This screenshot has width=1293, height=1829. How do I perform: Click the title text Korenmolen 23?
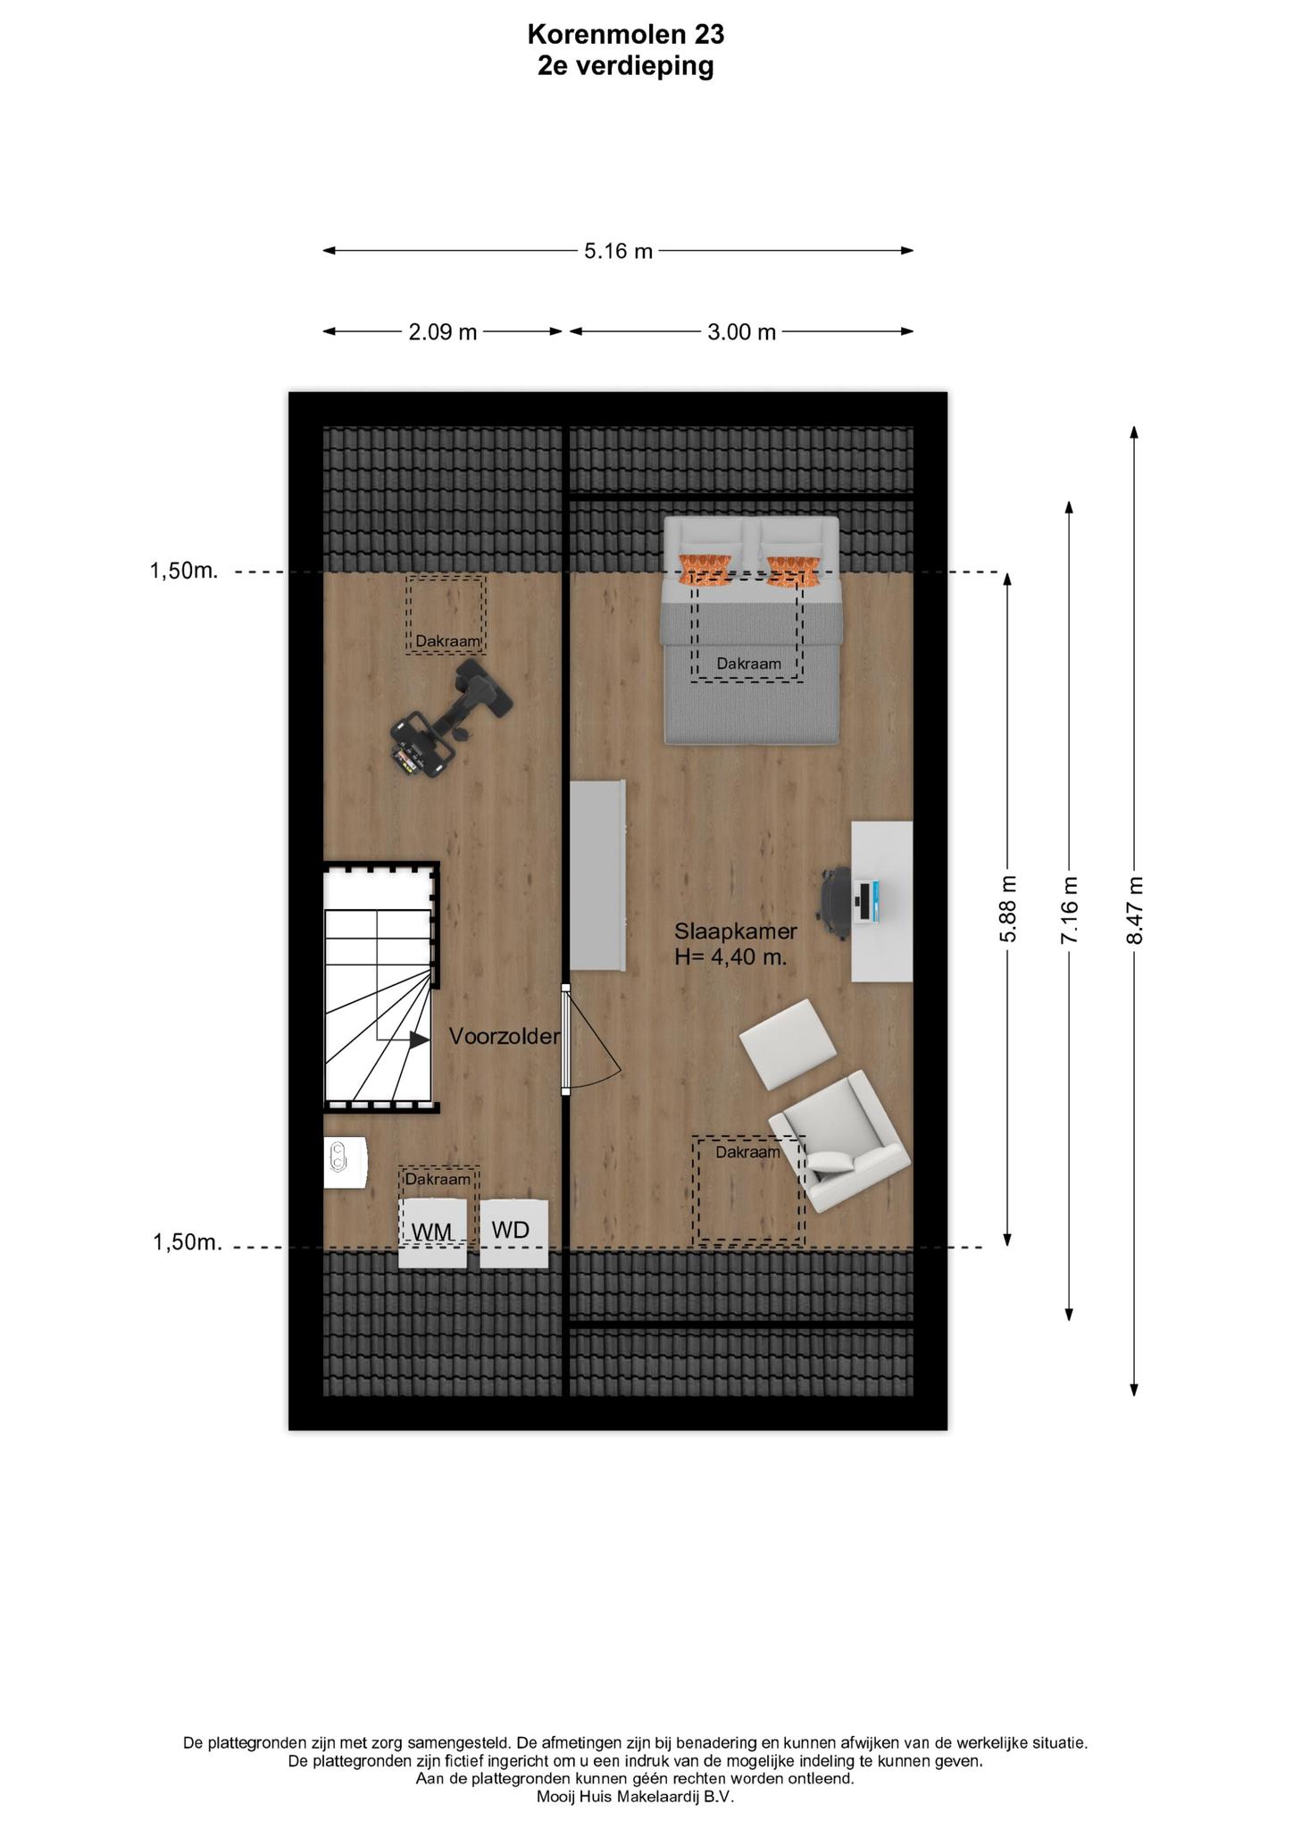tap(625, 35)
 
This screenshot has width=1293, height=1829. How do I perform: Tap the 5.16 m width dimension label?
tap(618, 252)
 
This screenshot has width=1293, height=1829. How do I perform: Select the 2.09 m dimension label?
tap(443, 333)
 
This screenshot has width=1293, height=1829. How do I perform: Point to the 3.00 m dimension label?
tap(742, 333)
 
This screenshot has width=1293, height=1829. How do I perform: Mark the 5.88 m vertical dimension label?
tap(1008, 909)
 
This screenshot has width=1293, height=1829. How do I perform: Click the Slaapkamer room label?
tap(736, 931)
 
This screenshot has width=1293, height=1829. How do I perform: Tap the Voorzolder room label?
tap(505, 1036)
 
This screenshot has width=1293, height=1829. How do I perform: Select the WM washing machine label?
tap(432, 1232)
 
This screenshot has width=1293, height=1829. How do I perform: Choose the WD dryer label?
tap(511, 1230)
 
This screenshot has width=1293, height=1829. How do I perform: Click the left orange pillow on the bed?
tap(706, 570)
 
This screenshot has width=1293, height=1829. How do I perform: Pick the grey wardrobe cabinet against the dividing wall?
tap(597, 875)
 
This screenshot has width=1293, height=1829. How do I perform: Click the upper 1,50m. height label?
tap(184, 571)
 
